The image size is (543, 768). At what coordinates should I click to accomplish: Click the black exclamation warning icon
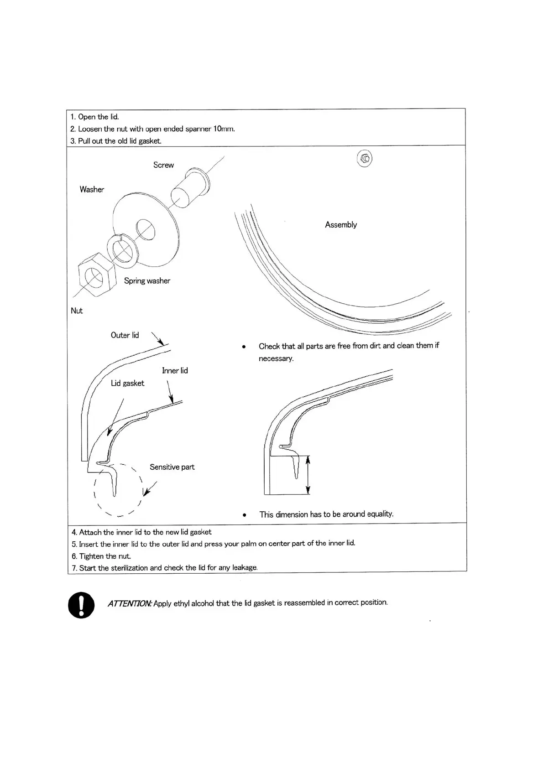(81, 605)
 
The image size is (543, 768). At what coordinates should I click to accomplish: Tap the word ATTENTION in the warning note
(130, 603)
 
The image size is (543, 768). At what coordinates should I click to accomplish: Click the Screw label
(163, 165)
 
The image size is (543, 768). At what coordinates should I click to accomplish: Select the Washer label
(92, 189)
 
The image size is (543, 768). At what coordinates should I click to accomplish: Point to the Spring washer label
(147, 281)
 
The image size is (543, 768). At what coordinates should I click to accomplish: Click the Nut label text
(77, 311)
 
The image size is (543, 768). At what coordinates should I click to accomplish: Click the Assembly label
(341, 224)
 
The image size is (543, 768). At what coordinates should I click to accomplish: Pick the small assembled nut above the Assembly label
(365, 159)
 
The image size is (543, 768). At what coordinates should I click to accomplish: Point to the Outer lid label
(125, 335)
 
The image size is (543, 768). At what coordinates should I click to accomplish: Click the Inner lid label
(175, 370)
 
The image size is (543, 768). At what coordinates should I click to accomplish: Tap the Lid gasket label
(127, 383)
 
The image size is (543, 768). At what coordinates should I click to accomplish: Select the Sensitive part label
(172, 467)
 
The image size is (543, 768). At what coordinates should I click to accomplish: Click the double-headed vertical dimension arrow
(308, 475)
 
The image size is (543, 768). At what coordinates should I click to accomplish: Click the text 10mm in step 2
(224, 129)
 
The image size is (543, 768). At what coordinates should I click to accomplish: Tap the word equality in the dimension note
(380, 514)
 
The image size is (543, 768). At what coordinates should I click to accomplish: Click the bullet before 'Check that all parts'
(244, 347)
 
